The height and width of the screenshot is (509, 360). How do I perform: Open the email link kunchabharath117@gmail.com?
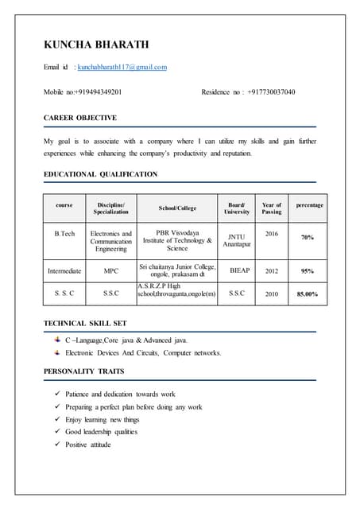pyautogui.click(x=122, y=68)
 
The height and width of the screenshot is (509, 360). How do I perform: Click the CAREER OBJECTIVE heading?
pyautogui.click(x=80, y=118)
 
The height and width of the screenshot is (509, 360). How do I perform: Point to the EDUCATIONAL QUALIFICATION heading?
pyautogui.click(x=100, y=174)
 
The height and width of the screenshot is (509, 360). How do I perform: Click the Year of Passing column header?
pyautogui.click(x=272, y=208)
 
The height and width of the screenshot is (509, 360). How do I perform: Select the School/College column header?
pyautogui.click(x=177, y=208)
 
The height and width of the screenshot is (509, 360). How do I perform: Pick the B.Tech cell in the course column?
pyautogui.click(x=64, y=235)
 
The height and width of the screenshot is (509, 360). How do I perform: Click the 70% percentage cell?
pyautogui.click(x=307, y=237)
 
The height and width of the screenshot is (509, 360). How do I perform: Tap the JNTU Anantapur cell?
pyautogui.click(x=237, y=239)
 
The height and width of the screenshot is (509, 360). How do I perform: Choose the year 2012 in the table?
pyautogui.click(x=272, y=270)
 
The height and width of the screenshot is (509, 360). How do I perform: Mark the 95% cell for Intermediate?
pyautogui.click(x=307, y=270)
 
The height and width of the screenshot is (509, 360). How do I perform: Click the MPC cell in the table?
pyautogui.click(x=110, y=270)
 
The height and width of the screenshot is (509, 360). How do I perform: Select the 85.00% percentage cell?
pyautogui.click(x=307, y=293)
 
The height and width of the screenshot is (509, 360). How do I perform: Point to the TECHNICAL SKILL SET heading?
pyautogui.click(x=85, y=324)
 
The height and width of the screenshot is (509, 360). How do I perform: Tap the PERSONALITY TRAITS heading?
pyautogui.click(x=83, y=371)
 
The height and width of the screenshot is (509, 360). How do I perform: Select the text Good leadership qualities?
pyautogui.click(x=101, y=432)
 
